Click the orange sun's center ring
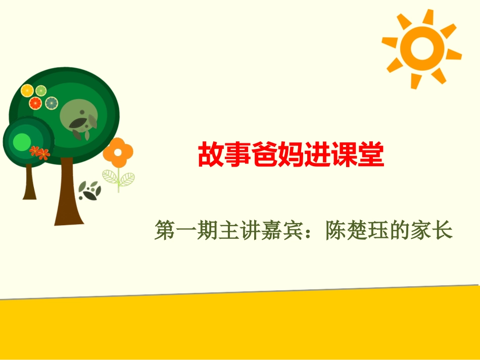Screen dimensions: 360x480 pyautogui.click(x=420, y=47)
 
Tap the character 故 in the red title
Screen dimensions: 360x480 pyautogui.click(x=209, y=155)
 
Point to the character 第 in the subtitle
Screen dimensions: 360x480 pyautogui.click(x=165, y=231)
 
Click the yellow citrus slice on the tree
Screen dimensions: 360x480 pyautogui.click(x=27, y=90)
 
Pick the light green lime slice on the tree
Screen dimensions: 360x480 pyautogui.click(x=40, y=90)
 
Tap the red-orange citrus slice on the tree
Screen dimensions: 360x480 pyautogui.click(x=35, y=104)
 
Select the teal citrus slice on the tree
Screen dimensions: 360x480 pyautogui.click(x=51, y=103)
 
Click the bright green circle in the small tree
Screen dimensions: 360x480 pyautogui.click(x=21, y=142)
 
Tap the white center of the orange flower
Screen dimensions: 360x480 pyautogui.click(x=118, y=152)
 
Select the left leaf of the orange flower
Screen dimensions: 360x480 pyautogui.click(x=111, y=177)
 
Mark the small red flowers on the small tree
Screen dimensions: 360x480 pyautogui.click(x=39, y=152)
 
